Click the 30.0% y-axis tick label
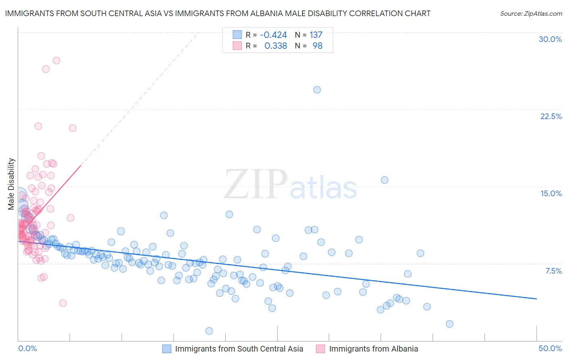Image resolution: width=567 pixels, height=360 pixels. [550, 39]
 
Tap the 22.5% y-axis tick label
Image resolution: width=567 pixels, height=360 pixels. [551, 116]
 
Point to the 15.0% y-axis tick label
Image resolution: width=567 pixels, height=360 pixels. [551, 193]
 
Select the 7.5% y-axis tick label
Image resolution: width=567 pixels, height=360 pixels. [553, 271]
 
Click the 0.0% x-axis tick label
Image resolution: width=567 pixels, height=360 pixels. [27, 348]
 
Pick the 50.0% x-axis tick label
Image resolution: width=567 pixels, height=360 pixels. [550, 348]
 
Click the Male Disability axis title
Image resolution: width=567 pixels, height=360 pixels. [11, 184]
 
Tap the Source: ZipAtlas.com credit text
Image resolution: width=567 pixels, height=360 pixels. [531, 13]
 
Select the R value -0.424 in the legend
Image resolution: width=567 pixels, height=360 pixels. [273, 35]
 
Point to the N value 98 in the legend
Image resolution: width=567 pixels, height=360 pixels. [317, 46]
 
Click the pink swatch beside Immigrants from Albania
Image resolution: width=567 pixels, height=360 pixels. [321, 349]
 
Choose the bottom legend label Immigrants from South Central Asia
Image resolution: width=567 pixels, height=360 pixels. [239, 349]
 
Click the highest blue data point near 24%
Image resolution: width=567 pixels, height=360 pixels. [317, 90]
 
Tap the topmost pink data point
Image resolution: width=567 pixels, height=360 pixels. [56, 61]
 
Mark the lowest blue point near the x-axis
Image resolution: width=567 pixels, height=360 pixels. [209, 331]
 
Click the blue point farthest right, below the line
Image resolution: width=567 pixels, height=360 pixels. [450, 324]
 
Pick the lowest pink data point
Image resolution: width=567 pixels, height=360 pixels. [63, 303]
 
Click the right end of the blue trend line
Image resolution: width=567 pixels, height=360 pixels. [536, 299]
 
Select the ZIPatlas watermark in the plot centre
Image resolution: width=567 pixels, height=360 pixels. [290, 185]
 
